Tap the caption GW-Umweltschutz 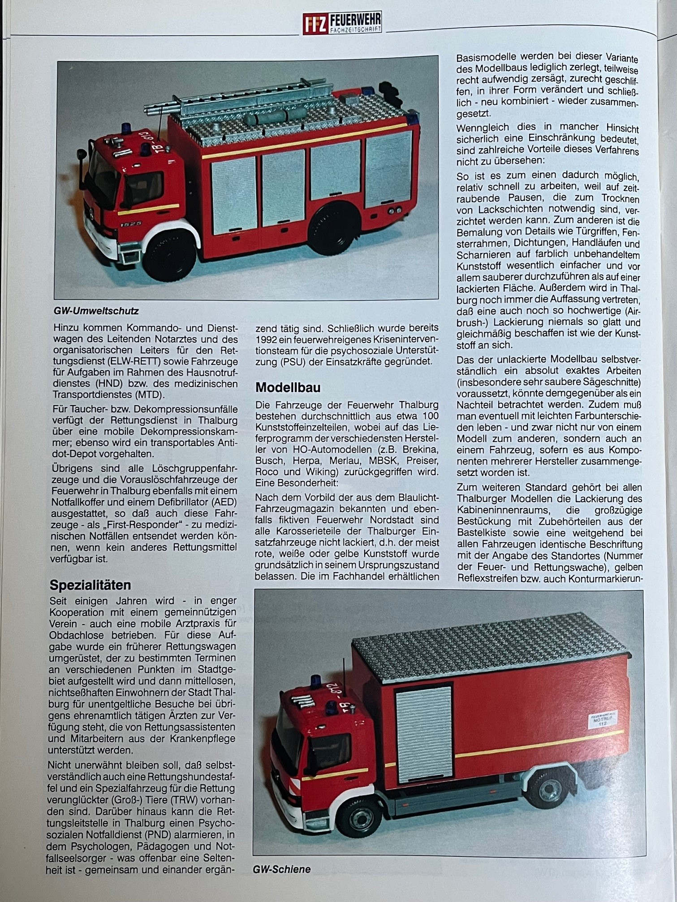click(96, 311)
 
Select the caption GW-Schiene click(281, 869)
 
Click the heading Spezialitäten click(90, 585)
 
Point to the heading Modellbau click(288, 387)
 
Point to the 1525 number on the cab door click(131, 223)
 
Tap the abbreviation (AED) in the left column click(222, 502)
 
